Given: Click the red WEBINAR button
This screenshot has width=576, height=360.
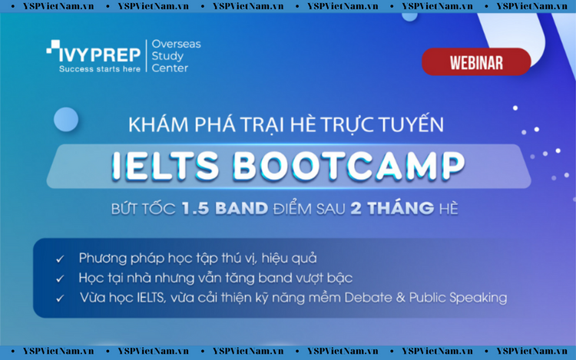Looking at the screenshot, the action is [476, 61].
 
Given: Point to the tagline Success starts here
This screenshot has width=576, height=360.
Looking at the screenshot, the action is [100, 69].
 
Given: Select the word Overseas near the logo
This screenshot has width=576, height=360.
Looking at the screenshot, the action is [177, 44].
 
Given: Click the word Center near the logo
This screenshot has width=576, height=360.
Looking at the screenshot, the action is [170, 68].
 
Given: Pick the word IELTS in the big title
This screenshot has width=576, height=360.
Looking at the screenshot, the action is [165, 166].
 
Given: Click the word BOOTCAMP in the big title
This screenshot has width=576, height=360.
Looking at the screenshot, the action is [349, 166].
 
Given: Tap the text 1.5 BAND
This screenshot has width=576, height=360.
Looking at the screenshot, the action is [225, 209].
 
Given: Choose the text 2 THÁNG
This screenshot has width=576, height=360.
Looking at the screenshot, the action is [392, 208].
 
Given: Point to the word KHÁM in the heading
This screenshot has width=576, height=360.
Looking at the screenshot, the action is [158, 124].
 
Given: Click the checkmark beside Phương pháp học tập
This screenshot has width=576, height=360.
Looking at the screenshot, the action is [60, 259].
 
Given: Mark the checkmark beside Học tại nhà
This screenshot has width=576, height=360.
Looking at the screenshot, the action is [60, 279].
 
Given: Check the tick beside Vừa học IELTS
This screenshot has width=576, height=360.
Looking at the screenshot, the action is [60, 299].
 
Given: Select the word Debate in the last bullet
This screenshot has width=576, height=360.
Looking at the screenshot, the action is [368, 297].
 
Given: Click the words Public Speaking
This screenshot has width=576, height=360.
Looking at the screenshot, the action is [458, 298].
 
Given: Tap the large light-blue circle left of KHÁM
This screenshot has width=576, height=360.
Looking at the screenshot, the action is [66, 120].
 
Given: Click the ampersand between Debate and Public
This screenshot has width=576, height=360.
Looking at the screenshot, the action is [400, 298].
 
